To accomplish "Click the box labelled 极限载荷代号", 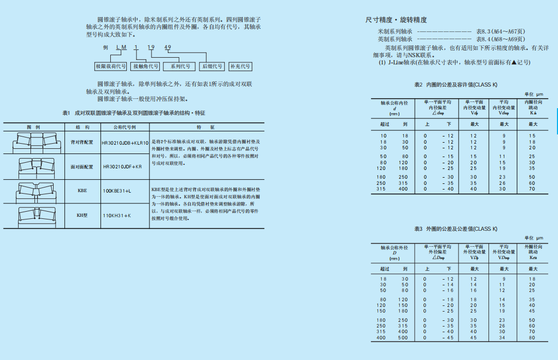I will pyautogui.click(x=111, y=66).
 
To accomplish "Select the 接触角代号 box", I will pyautogui.click(x=146, y=66).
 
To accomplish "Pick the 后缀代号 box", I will pyautogui.click(x=212, y=66).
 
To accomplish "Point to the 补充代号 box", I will pyautogui.click(x=240, y=66).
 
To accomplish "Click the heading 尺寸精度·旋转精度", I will pyautogui.click(x=396, y=20).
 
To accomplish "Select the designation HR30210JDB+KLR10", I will pyautogui.click(x=125, y=142).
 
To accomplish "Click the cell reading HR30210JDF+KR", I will pyautogui.click(x=122, y=167).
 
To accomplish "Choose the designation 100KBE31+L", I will pyautogui.click(x=117, y=191).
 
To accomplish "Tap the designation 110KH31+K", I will pyautogui.click(x=116, y=215).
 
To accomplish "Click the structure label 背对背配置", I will pyautogui.click(x=82, y=142).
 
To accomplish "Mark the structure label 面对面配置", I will pyautogui.click(x=82, y=167).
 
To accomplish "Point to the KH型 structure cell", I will pyautogui.click(x=82, y=215).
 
